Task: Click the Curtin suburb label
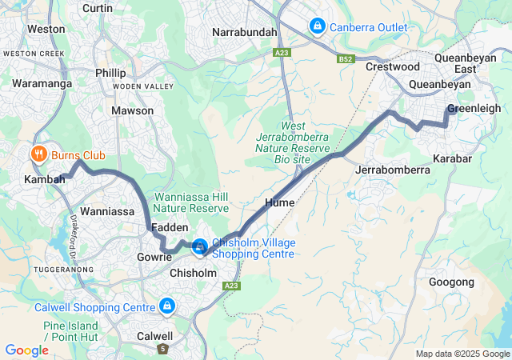(98, 8)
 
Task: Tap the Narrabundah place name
(245, 32)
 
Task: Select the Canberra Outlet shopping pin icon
(318, 26)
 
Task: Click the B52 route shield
(346, 58)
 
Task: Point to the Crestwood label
(392, 66)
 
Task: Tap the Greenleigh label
(473, 108)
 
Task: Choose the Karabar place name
(452, 158)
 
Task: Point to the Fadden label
(170, 228)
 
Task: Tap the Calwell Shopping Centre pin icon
(167, 306)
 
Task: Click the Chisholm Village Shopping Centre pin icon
(199, 247)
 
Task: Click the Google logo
(26, 350)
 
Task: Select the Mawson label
(133, 110)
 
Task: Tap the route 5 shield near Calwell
(163, 350)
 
